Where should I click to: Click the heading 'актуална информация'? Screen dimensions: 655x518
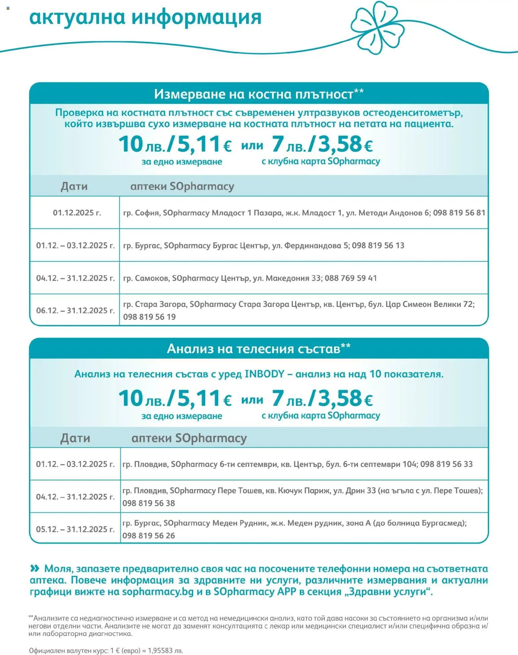145,17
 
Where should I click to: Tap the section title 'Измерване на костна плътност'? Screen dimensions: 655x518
254,94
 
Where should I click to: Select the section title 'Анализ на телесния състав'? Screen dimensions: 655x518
254,349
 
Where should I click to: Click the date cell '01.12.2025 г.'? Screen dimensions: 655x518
77,213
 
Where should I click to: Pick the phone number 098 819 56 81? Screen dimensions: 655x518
459,213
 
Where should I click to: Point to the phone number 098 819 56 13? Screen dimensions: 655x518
378,245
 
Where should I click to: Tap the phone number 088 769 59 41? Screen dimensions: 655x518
351,278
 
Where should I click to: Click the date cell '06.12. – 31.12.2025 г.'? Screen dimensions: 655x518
75,311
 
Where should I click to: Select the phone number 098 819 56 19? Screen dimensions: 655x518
149,317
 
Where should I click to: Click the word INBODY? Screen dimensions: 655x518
264,374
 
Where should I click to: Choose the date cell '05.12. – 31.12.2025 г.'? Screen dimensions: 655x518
75,529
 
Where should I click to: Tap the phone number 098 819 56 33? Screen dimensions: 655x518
446,464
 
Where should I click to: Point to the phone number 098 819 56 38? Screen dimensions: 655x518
149,503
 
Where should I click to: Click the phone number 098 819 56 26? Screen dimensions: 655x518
149,536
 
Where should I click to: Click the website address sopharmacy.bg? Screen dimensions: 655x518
158,592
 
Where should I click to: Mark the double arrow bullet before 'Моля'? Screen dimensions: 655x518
34,568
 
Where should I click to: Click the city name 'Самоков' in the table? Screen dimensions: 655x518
149,278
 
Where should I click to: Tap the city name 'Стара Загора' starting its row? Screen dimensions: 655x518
160,304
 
